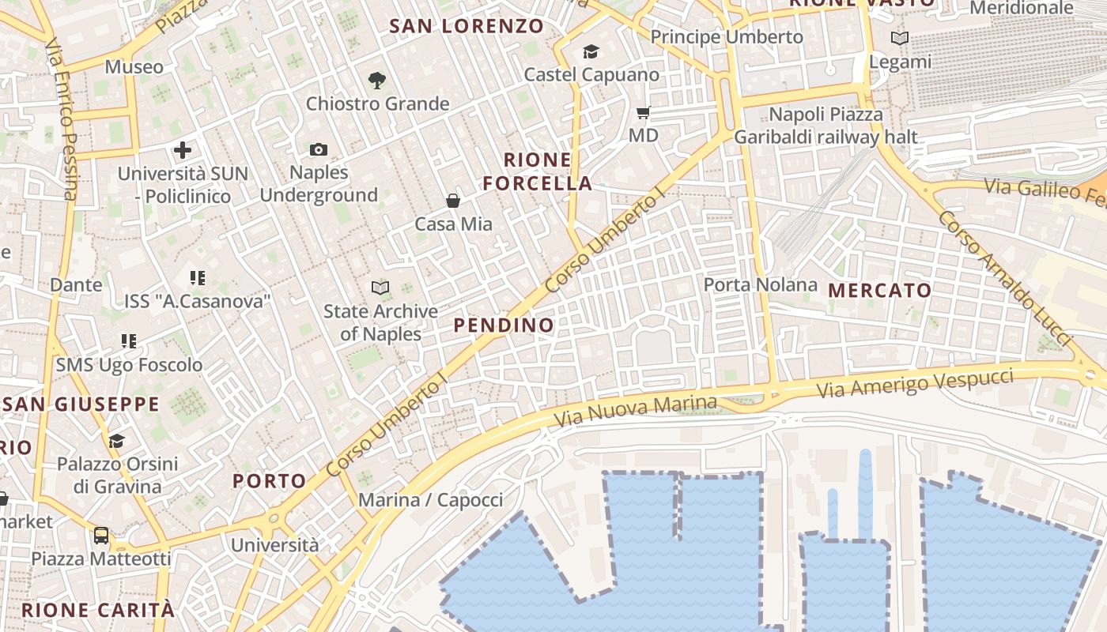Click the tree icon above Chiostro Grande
(377, 79)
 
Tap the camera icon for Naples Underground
(319, 149)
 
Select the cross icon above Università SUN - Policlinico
(183, 149)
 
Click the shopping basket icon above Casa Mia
(453, 201)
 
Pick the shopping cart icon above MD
(643, 113)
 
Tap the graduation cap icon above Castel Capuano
(591, 52)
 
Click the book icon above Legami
(899, 38)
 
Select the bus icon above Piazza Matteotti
(101, 536)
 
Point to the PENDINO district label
(504, 325)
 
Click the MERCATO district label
(880, 291)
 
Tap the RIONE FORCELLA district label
(538, 171)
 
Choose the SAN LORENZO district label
(467, 26)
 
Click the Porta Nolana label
(760, 284)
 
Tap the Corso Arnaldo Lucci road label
(1003, 278)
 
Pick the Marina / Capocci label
(430, 500)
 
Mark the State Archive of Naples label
(380, 322)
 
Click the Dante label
(76, 284)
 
